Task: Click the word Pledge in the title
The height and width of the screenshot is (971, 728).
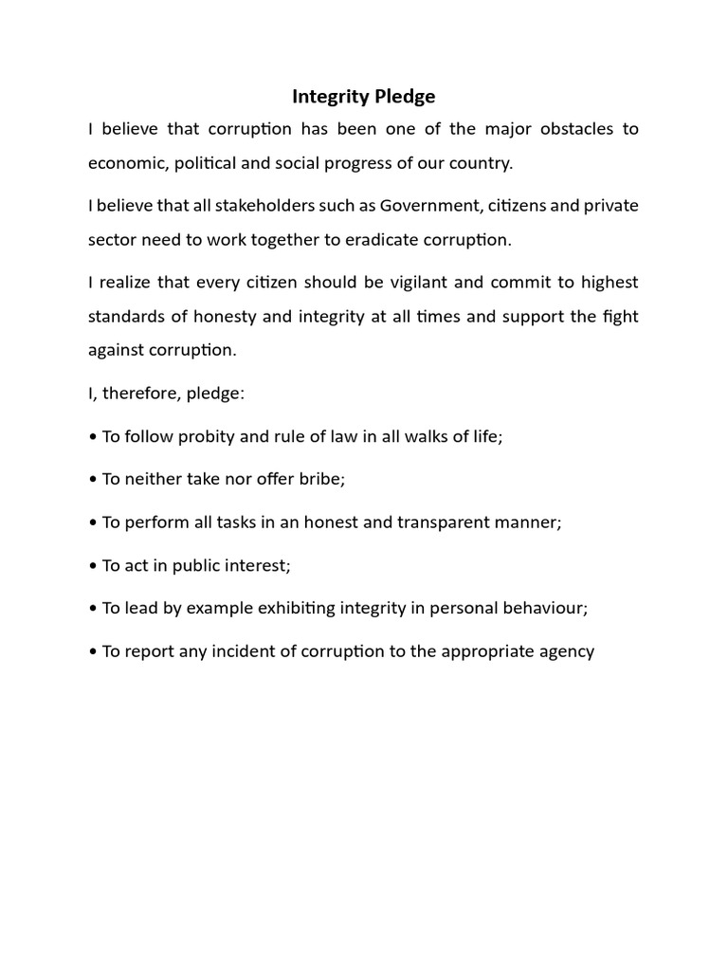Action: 398,97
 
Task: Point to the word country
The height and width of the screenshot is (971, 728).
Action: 481,162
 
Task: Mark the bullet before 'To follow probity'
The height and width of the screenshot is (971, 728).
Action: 92,436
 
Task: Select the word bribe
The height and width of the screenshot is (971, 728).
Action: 323,478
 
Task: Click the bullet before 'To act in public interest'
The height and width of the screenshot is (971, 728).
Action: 92,565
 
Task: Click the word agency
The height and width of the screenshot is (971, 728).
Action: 568,651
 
